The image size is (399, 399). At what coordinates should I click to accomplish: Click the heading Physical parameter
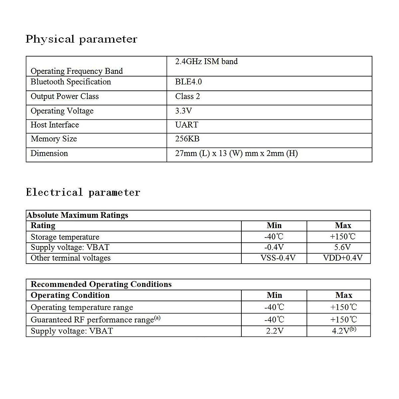81,39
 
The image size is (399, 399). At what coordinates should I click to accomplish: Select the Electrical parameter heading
83,193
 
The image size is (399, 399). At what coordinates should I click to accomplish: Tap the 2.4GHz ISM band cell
206,62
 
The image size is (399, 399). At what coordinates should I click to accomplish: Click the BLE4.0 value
188,82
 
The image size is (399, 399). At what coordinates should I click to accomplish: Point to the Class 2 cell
188,96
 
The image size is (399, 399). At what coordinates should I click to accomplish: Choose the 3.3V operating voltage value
183,111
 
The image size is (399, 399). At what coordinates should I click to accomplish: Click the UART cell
187,125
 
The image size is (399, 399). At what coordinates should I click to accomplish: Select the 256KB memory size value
187,139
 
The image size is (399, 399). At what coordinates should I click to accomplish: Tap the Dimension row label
49,153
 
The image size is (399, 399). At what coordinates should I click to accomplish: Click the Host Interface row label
55,125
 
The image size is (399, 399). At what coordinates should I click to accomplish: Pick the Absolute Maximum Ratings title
77,215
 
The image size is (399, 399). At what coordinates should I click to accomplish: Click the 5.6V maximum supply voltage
342,247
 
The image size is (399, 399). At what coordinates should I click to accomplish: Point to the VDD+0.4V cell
342,258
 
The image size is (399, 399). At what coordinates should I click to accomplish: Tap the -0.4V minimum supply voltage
274,247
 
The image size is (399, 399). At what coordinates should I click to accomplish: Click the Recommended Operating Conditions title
101,284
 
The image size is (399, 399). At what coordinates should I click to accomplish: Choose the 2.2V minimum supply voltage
275,331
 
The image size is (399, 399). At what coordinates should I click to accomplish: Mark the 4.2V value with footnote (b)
344,331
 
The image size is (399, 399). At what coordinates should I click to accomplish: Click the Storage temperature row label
65,237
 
